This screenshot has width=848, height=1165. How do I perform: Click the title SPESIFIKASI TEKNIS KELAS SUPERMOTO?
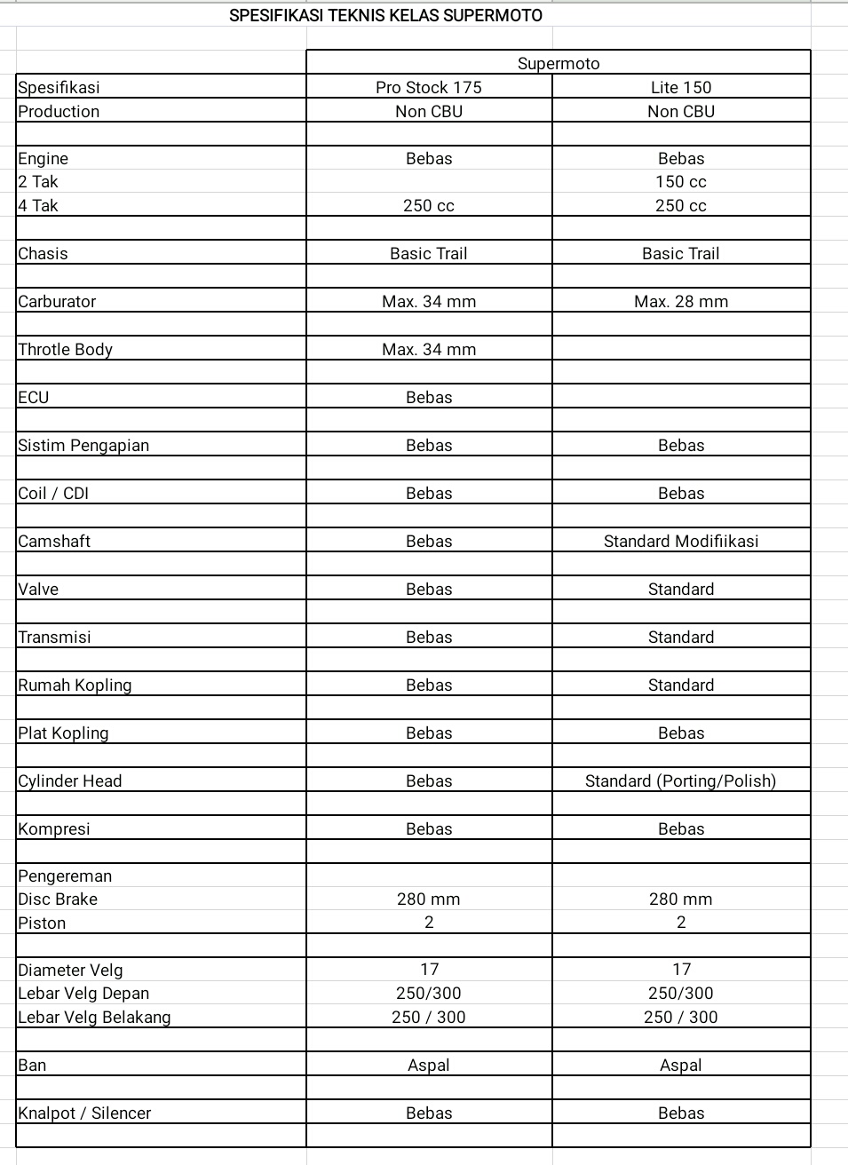pos(385,15)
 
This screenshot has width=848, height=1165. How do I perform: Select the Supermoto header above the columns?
pos(559,63)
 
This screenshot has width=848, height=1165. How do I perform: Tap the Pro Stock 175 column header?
pos(429,87)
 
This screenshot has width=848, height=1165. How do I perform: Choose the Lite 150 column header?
pos(681,87)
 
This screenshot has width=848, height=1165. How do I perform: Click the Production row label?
pos(59,111)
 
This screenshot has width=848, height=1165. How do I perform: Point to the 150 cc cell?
pos(681,181)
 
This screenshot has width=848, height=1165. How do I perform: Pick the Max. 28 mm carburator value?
pos(681,301)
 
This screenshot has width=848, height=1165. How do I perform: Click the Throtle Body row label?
pos(66,349)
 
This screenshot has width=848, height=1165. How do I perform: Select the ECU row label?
pos(34,397)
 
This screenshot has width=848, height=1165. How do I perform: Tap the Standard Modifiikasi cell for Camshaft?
pos(681,541)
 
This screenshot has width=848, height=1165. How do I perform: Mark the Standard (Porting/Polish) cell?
pos(681,781)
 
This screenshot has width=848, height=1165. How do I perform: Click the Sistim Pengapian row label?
pos(83,445)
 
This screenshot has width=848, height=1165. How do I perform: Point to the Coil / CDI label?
pos(53,493)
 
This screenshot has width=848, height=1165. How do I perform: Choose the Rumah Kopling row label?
pos(75,685)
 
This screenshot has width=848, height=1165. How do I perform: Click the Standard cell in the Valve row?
pos(681,589)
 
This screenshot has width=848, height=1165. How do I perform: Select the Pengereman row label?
pos(65,876)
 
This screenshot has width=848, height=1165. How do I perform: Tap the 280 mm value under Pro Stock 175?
pos(429,899)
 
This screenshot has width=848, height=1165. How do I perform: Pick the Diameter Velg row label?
pos(70,970)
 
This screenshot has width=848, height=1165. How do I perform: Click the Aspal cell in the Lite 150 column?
pos(681,1065)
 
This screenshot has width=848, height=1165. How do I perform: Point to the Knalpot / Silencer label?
pos(84,1113)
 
